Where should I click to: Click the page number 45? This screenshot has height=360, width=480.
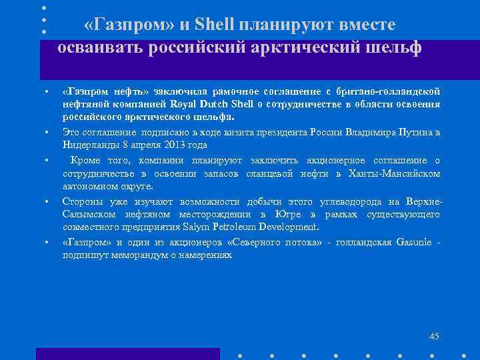[435, 336]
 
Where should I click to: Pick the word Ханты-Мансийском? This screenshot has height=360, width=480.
[401, 173]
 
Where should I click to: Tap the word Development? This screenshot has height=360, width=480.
[285, 227]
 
